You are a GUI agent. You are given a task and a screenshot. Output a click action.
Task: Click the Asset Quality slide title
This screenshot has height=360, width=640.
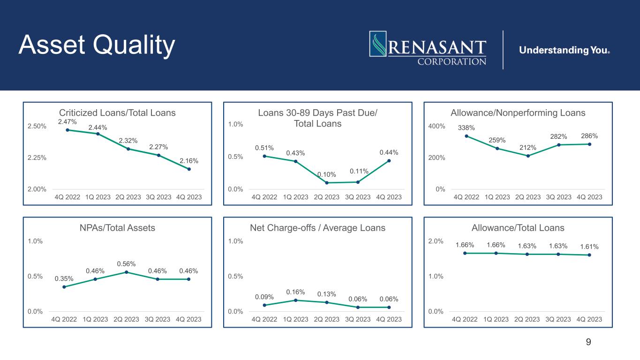pyautogui.click(x=97, y=45)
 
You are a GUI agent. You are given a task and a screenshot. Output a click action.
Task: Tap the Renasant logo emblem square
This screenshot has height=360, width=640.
pyautogui.click(x=378, y=44)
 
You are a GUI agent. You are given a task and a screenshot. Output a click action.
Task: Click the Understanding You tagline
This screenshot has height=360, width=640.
pyautogui.click(x=565, y=50)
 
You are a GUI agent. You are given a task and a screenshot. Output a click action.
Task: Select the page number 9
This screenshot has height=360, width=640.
pyautogui.click(x=588, y=342)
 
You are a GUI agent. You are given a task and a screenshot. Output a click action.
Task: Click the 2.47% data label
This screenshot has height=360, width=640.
pyautogui.click(x=68, y=122)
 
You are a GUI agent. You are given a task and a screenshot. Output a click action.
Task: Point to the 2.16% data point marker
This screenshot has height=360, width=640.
pyautogui.click(x=189, y=169)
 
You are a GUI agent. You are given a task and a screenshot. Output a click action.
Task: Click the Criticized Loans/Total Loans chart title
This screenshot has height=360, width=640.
pyautogui.click(x=117, y=112)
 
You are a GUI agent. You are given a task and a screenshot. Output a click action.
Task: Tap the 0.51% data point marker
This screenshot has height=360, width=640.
pyautogui.click(x=264, y=156)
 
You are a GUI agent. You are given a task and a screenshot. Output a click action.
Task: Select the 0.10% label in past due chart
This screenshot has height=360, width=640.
pyautogui.click(x=327, y=174)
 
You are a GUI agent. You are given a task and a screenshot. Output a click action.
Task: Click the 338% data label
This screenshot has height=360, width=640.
pyautogui.click(x=466, y=127)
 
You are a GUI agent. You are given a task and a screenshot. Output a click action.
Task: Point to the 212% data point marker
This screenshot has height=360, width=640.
pyautogui.click(x=528, y=156)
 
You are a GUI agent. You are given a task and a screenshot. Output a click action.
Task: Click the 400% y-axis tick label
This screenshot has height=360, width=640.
pyautogui.click(x=437, y=126)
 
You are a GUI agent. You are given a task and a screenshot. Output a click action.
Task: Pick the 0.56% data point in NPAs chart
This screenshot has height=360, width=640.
pyautogui.click(x=126, y=272)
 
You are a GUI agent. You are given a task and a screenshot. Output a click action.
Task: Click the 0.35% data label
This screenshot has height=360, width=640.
pyautogui.click(x=64, y=278)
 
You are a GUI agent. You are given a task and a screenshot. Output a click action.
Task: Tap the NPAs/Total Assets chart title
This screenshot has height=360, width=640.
pyautogui.click(x=117, y=228)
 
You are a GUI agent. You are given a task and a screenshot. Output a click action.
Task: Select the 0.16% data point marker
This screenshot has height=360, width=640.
pyautogui.click(x=296, y=300)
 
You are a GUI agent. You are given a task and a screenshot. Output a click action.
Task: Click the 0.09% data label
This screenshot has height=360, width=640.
pyautogui.click(x=264, y=297)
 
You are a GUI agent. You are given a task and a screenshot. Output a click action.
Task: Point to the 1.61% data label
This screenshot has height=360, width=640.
pyautogui.click(x=589, y=247)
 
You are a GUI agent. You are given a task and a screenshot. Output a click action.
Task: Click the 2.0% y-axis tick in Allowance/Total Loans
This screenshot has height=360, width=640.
pyautogui.click(x=436, y=241)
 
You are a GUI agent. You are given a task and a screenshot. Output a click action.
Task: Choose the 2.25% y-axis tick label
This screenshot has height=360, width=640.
pyautogui.click(x=37, y=157)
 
